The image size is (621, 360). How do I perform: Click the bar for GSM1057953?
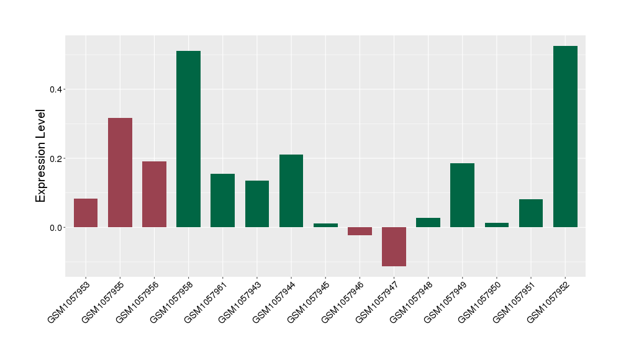(x=86, y=213)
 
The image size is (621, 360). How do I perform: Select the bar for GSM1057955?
(x=120, y=173)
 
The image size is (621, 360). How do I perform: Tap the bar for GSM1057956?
(x=154, y=194)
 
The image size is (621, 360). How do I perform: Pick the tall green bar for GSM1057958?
(x=188, y=139)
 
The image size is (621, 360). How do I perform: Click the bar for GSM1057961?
(x=222, y=200)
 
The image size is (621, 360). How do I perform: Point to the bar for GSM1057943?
(x=257, y=204)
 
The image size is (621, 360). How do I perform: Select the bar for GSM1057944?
(x=291, y=191)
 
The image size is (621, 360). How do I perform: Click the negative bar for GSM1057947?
(x=394, y=246)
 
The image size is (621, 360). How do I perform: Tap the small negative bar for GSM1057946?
(x=360, y=231)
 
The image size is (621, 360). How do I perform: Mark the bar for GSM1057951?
(x=531, y=213)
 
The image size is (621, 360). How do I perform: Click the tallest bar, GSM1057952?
(x=565, y=137)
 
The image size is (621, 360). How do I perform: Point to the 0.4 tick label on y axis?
(x=57, y=89)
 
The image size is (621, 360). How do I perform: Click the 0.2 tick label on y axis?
(x=57, y=158)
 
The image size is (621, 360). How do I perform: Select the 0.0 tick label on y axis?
(x=57, y=228)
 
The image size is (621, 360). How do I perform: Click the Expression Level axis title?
(x=41, y=155)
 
